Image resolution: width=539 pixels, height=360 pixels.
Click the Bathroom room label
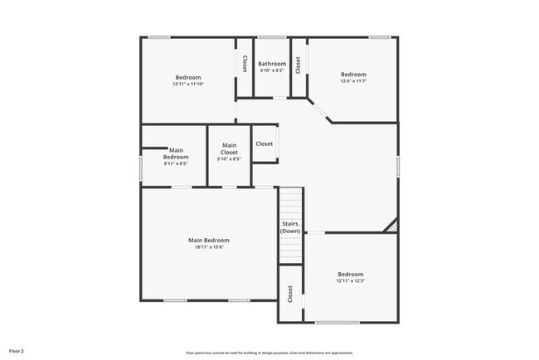[272, 64]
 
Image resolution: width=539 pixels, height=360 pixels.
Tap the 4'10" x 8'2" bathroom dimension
[272, 71]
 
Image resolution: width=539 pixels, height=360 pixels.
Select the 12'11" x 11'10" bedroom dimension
[187, 84]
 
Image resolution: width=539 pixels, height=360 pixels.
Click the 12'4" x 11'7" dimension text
[353, 80]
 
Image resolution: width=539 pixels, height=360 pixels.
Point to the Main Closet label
[229, 149]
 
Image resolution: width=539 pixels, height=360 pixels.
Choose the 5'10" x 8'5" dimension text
[229, 159]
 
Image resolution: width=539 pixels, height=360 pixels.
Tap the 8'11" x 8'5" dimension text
[175, 163]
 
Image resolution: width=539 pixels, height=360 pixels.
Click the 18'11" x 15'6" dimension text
[210, 246]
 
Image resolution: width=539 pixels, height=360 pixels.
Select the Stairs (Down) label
[290, 226]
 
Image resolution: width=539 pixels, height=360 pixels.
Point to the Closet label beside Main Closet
[264, 144]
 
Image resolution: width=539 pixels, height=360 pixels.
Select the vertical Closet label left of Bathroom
[244, 64]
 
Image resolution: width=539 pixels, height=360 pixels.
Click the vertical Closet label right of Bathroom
[298, 65]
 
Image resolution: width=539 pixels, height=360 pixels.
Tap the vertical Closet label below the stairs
[290, 294]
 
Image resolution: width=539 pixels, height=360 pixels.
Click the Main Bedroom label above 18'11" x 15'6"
[210, 240]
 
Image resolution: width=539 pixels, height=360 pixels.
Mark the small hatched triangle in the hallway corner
[392, 226]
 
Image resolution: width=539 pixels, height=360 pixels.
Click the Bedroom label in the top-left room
[187, 77]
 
